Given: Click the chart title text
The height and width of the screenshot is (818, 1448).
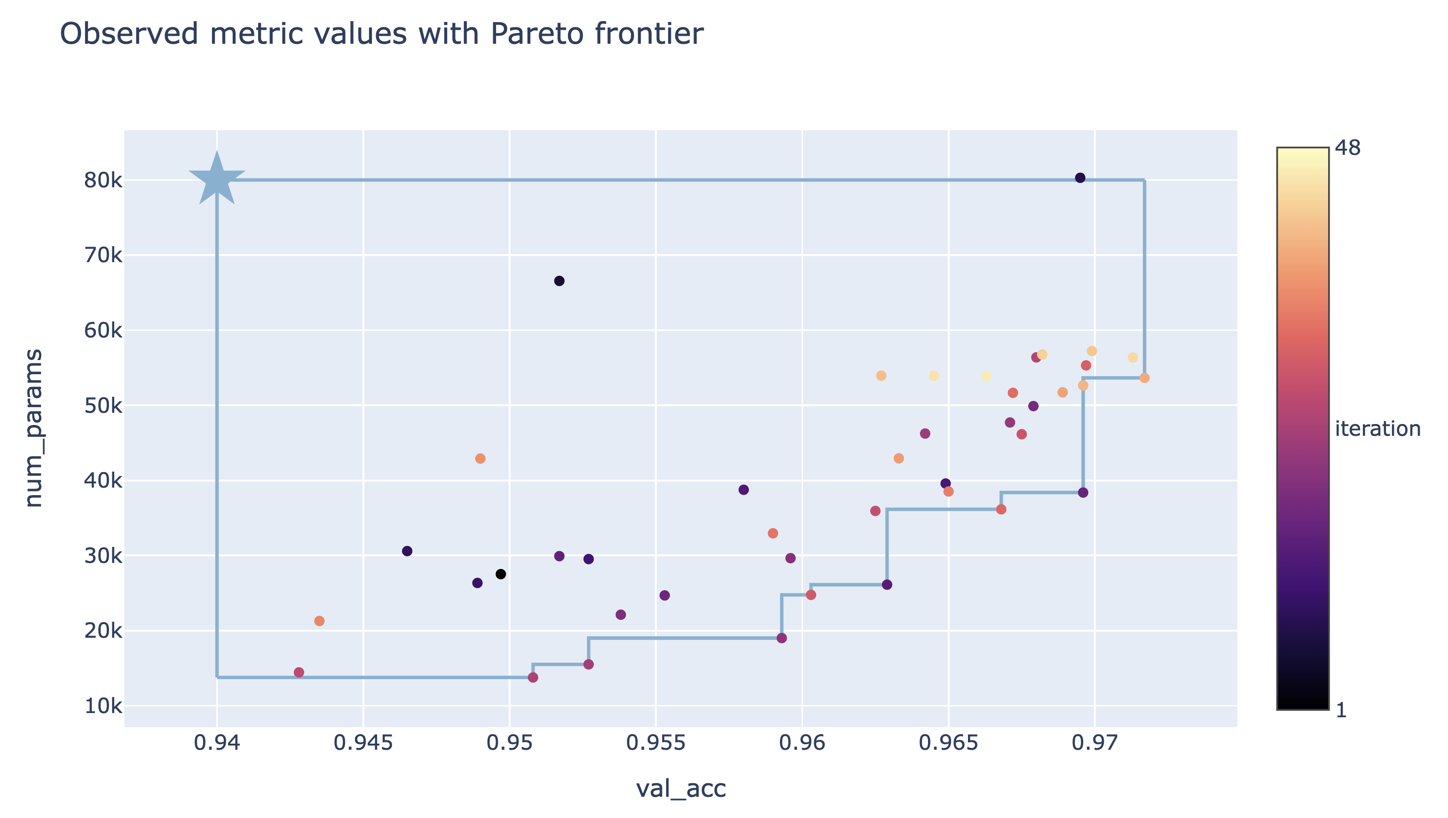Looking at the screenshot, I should point(381,34).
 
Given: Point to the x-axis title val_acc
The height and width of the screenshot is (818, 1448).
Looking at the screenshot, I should point(681,788).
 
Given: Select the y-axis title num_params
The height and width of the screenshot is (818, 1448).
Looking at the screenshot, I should point(34,428).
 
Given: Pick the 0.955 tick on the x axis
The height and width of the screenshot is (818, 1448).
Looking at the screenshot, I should point(655,743).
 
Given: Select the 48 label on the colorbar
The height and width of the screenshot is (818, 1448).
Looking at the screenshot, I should point(1347,148).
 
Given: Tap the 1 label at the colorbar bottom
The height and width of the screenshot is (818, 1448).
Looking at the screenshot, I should point(1341,710).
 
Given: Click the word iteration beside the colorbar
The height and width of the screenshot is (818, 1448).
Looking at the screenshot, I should point(1377,429).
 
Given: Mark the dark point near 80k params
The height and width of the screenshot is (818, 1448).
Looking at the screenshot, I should point(1080,178).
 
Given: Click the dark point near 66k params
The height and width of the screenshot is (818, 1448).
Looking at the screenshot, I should point(559,281).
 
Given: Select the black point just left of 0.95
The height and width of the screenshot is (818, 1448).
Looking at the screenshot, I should point(501,574).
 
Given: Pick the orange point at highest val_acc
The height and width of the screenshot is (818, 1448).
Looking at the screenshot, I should point(1144,378).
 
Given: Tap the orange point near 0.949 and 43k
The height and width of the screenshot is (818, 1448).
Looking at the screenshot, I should point(480,458).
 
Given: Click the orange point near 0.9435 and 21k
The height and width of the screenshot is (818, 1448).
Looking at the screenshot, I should point(319,621).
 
